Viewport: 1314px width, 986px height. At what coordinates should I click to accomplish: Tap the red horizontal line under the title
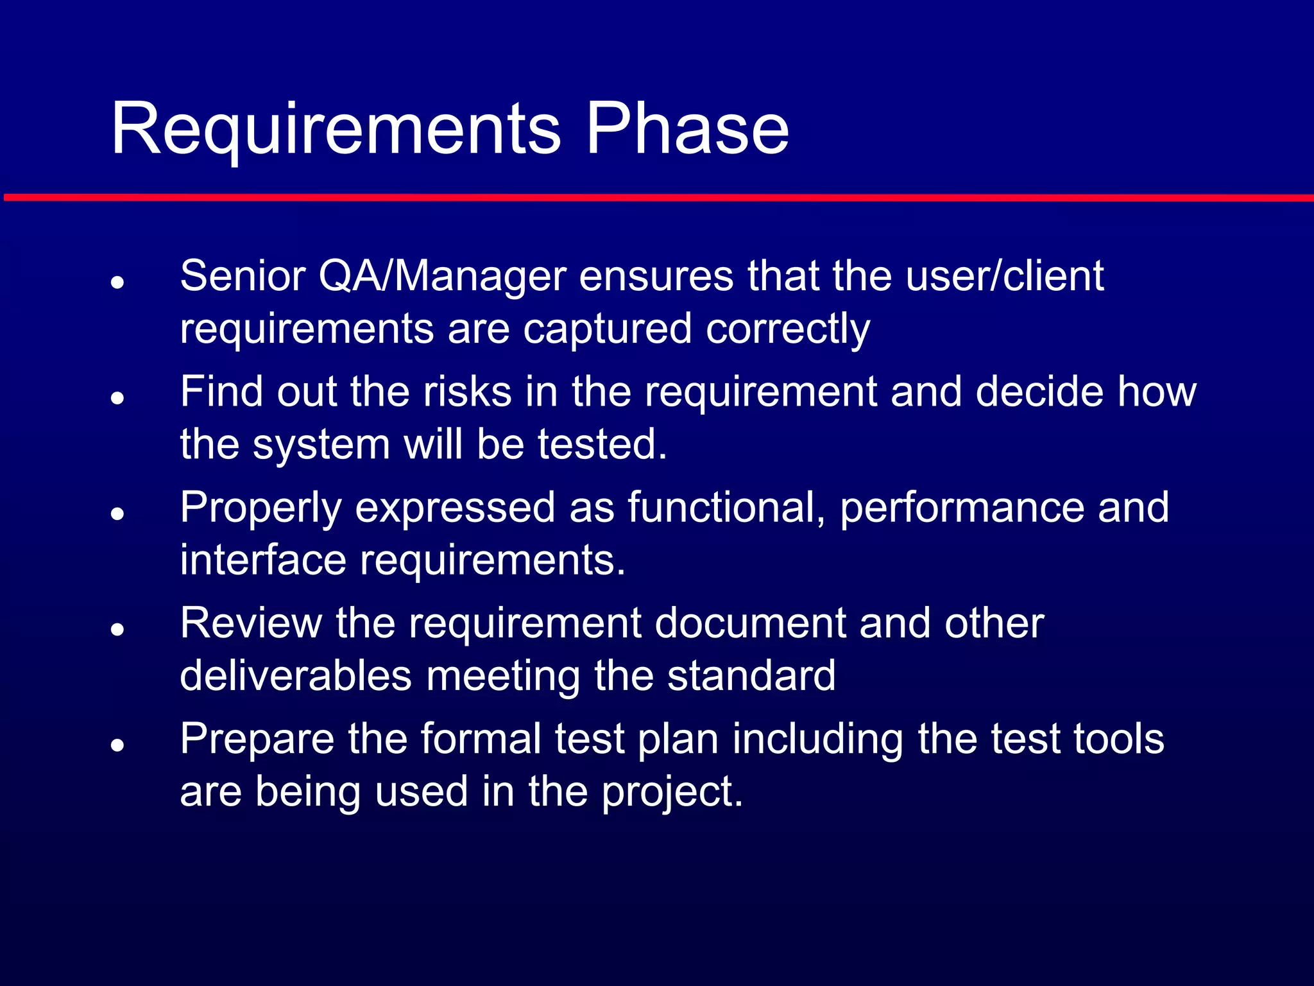pyautogui.click(x=657, y=198)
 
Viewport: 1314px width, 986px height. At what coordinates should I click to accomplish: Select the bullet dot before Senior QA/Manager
pyautogui.click(x=117, y=282)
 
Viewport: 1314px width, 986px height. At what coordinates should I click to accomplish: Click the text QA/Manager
pyautogui.click(x=442, y=277)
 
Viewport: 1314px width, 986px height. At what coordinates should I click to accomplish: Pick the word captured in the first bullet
pyautogui.click(x=607, y=329)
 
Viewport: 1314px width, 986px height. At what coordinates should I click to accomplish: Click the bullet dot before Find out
pyautogui.click(x=117, y=398)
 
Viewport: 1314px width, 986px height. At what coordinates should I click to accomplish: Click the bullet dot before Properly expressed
pyautogui.click(x=117, y=514)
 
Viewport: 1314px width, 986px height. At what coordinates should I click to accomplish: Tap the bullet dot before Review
pyautogui.click(x=117, y=629)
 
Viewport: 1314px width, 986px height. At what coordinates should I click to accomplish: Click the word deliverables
pyautogui.click(x=295, y=676)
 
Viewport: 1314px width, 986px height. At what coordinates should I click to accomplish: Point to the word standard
pyautogui.click(x=751, y=676)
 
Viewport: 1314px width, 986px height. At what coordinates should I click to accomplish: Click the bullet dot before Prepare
pyautogui.click(x=117, y=745)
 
